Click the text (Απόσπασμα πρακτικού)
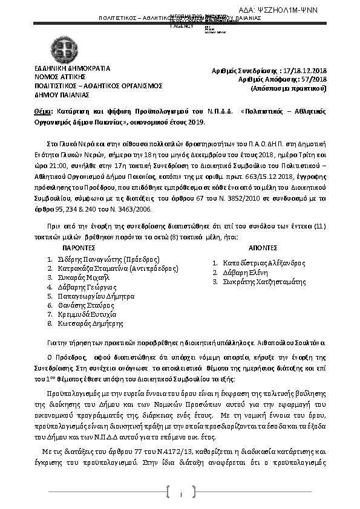click(x=289, y=88)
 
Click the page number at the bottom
click(x=181, y=496)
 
